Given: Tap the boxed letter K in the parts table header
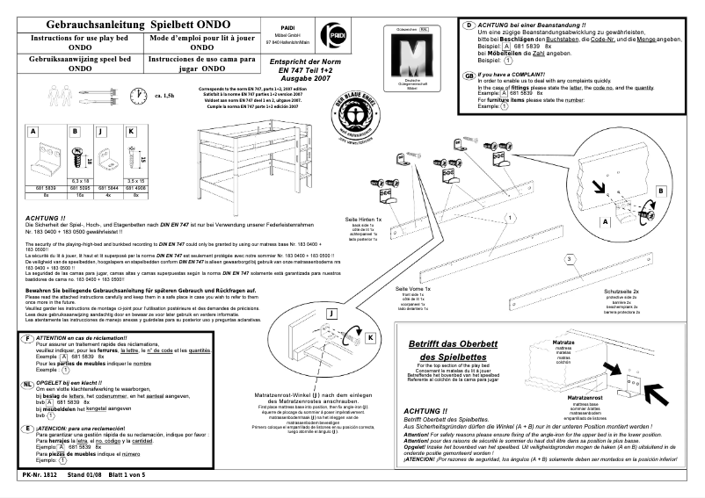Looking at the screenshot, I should (131, 132).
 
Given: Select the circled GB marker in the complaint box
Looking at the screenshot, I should (469, 76).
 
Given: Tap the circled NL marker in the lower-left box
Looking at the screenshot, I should (28, 385).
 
